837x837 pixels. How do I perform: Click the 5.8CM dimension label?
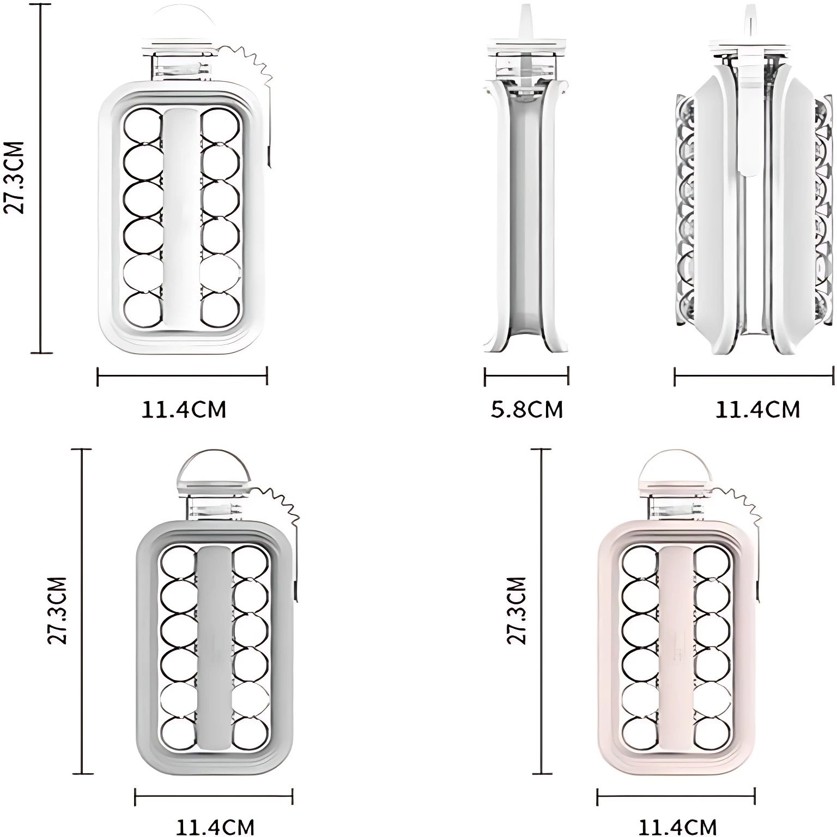pos(526,409)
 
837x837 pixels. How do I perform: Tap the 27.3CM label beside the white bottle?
pos(15,178)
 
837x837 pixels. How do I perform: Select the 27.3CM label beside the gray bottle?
pos(57,610)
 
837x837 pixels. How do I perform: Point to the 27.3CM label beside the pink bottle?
pos(517,610)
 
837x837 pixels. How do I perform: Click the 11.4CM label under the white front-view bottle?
pos(184,409)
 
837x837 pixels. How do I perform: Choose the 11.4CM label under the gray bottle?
pos(215,826)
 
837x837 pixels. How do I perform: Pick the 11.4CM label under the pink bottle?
pos(677,826)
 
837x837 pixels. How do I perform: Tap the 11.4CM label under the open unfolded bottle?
pos(757,409)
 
